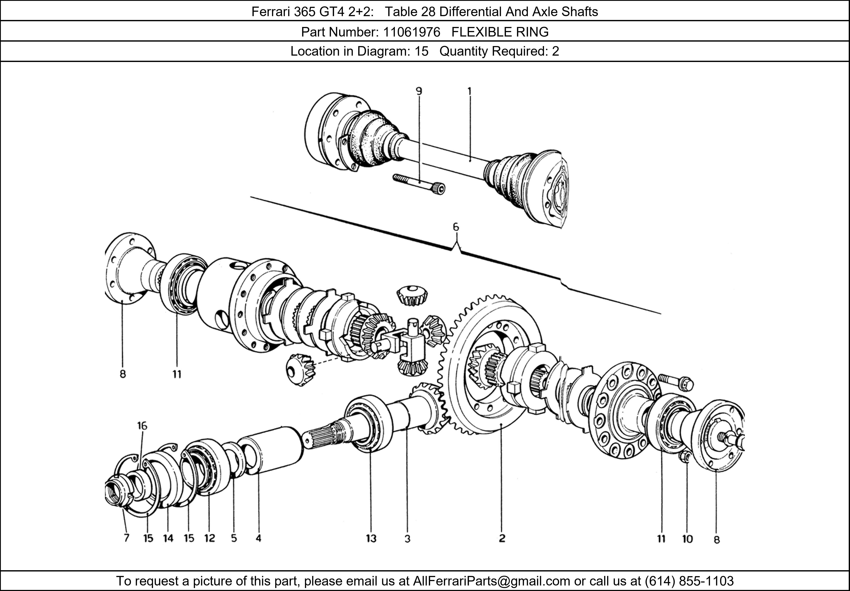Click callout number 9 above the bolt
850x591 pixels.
click(x=419, y=91)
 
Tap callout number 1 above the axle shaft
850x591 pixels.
click(x=469, y=91)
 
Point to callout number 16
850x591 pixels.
click(x=142, y=426)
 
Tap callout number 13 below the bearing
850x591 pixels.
click(x=371, y=539)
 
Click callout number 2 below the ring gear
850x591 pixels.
click(x=502, y=538)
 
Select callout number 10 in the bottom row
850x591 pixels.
click(x=687, y=539)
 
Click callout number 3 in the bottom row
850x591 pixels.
click(x=407, y=539)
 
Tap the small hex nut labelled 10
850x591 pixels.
click(x=684, y=457)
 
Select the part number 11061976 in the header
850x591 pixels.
click(x=411, y=32)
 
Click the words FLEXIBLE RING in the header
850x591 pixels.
click(x=500, y=32)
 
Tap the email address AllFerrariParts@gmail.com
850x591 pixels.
click(x=491, y=581)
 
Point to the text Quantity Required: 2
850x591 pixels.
click(x=499, y=51)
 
